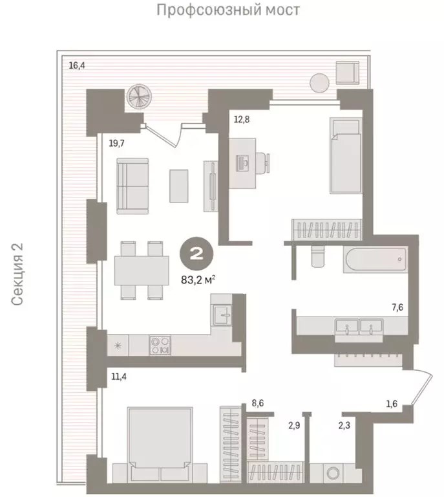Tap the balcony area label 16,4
(78, 65)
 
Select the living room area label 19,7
(116, 144)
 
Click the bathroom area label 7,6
(396, 307)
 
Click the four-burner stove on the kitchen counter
(160, 344)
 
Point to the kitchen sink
(223, 315)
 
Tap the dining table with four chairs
(141, 270)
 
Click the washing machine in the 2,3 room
(335, 472)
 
